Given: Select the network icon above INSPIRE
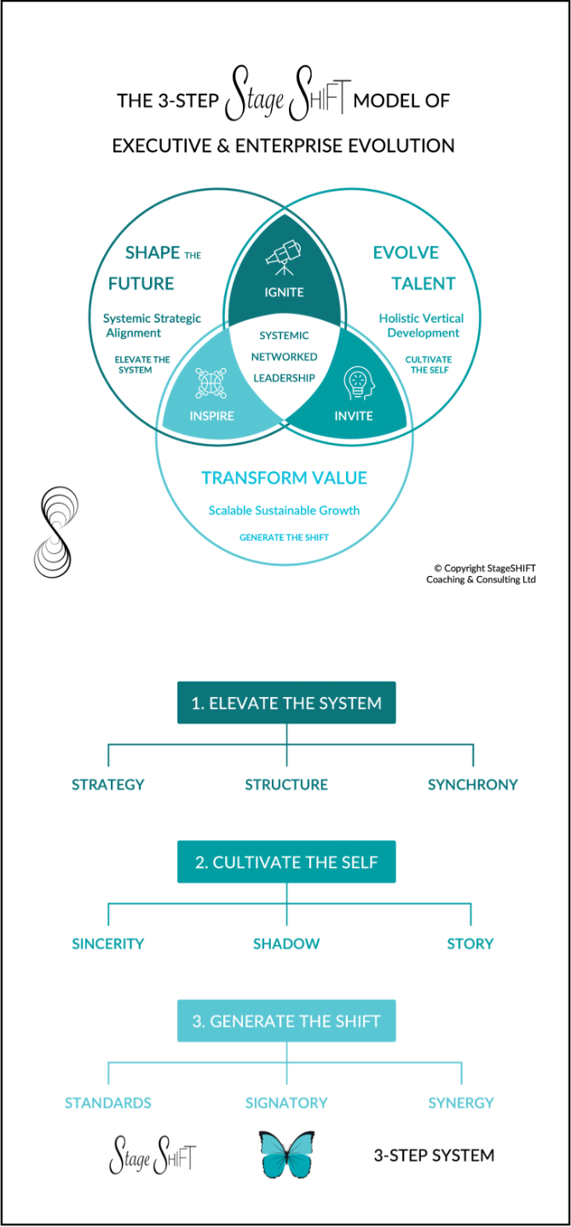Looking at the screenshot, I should (x=211, y=383).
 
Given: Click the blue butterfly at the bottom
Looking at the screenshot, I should (x=286, y=1155).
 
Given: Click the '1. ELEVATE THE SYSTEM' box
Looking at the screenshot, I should (x=286, y=703).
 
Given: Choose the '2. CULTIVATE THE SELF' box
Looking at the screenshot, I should (x=286, y=862).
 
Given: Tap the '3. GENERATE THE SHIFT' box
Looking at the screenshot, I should (x=286, y=1021).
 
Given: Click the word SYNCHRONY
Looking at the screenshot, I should (x=473, y=785).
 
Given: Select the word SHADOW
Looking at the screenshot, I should (x=286, y=943).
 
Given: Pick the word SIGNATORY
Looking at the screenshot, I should (x=286, y=1103).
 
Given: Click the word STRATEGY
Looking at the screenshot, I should (x=108, y=785).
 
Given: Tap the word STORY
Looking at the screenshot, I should (x=470, y=943).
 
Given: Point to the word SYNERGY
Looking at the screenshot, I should (x=461, y=1103).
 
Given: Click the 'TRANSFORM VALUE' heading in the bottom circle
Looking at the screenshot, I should (x=285, y=478).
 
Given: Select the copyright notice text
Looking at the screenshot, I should (x=482, y=573).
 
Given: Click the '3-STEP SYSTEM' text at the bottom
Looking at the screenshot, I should (x=434, y=1156).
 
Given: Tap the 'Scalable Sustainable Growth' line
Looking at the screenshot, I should (x=285, y=510).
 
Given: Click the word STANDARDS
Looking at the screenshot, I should (x=108, y=1103).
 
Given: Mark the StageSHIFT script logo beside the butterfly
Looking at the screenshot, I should (x=153, y=1156).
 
